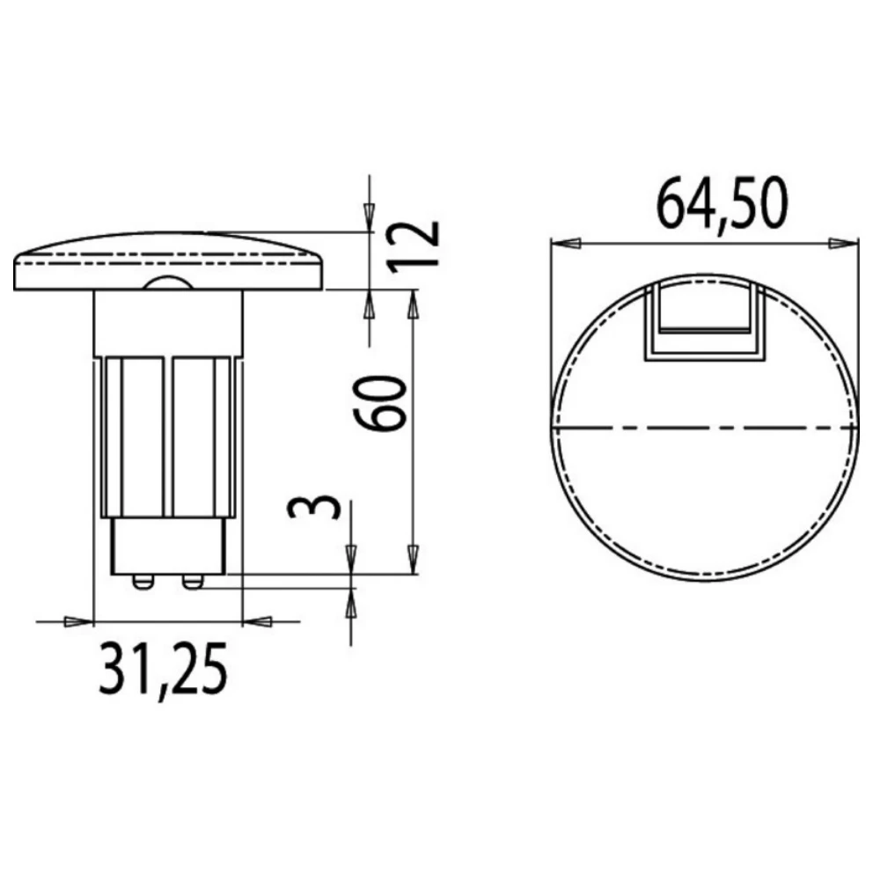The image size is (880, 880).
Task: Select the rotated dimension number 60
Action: [384, 402]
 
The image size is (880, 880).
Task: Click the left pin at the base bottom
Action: [143, 582]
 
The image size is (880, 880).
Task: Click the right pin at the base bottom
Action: [192, 582]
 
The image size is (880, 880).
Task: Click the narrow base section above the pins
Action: [167, 546]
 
